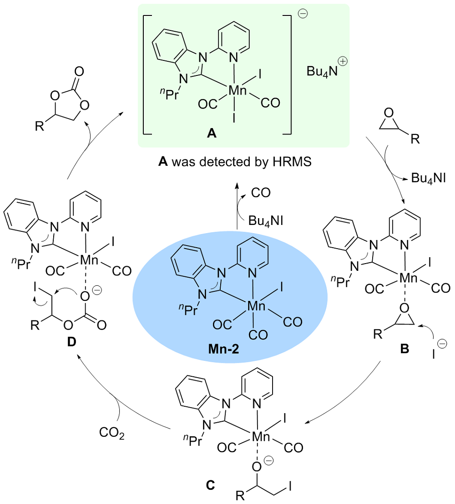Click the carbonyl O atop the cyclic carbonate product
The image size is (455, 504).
[x=81, y=71]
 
